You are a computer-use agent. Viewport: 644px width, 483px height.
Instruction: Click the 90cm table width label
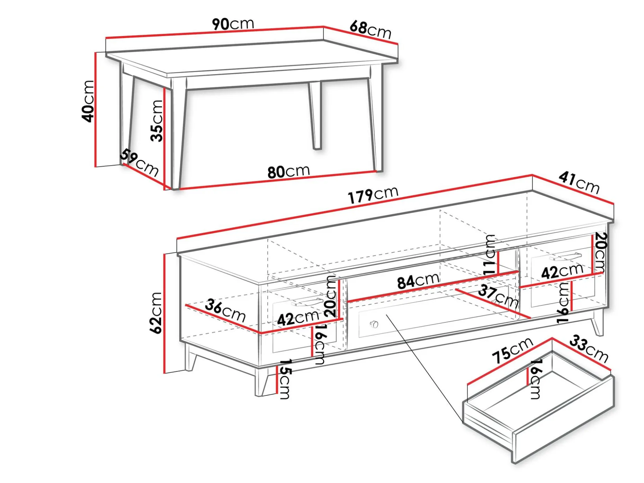233,24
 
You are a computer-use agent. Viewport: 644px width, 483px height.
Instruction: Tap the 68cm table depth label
370,29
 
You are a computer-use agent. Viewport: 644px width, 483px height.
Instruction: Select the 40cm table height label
88,101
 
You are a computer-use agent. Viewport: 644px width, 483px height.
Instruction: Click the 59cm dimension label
139,163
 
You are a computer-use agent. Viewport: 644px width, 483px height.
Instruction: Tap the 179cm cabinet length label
373,195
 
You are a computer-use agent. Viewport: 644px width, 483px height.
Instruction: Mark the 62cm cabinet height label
156,313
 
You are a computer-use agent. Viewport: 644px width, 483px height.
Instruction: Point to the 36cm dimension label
225,311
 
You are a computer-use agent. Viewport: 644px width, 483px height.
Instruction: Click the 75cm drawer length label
512,350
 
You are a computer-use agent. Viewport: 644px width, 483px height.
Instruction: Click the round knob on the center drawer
374,324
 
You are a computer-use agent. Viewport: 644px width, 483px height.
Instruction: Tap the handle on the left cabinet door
307,302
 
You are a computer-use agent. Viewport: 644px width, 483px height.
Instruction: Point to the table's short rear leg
316,116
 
